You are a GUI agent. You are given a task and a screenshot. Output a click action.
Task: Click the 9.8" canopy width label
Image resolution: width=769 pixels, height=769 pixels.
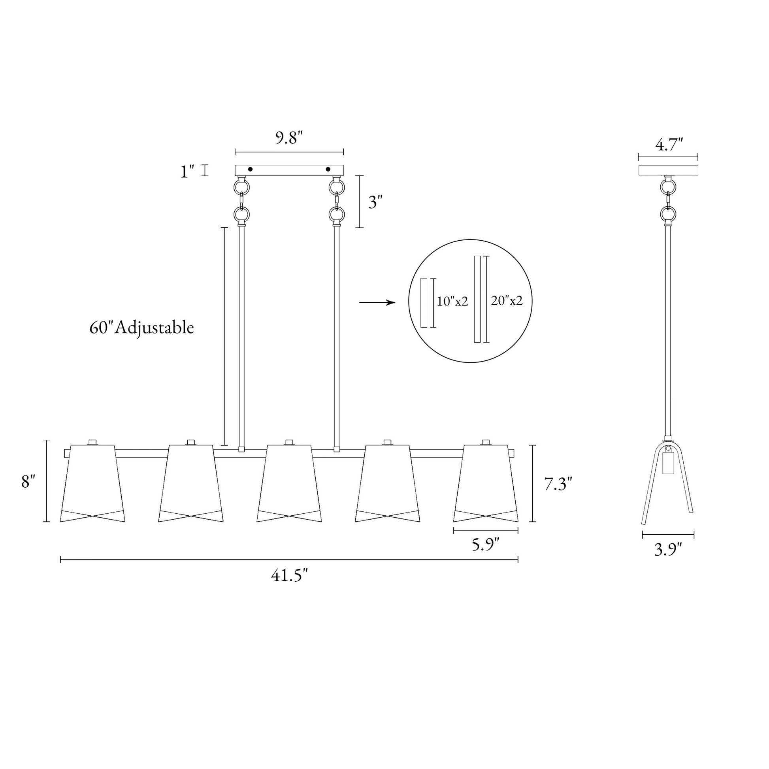point(289,138)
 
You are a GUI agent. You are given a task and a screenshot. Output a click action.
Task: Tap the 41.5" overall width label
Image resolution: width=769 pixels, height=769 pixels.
point(289,575)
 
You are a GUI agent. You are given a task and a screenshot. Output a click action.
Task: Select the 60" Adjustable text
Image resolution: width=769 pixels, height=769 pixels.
point(142,328)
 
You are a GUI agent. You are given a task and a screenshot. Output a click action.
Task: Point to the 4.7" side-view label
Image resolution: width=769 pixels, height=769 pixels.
point(669,145)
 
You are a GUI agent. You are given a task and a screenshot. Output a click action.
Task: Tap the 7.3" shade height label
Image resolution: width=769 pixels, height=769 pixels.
point(558,484)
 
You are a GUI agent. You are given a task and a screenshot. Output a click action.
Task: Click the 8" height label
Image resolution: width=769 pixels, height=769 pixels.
point(28,482)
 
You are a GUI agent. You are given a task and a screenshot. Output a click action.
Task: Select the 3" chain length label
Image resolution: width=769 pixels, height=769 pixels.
point(375,203)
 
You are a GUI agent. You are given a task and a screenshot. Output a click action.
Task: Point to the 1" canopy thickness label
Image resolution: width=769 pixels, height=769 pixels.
point(187,172)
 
